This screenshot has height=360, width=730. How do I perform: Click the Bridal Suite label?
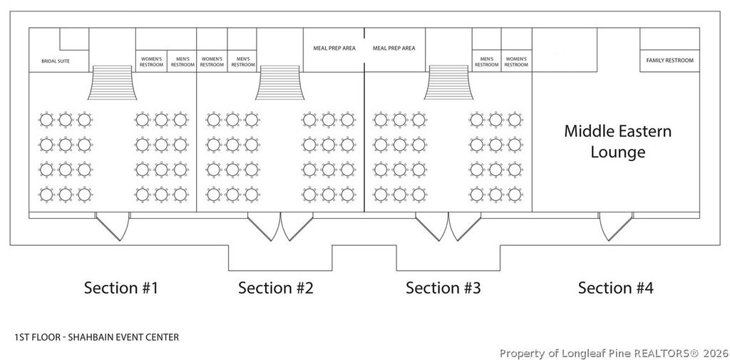pos(56,61)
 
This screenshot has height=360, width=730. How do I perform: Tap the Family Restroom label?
pos(669,61)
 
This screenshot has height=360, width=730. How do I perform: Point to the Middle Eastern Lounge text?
pos(618,141)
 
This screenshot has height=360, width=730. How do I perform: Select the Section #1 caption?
pos(121,288)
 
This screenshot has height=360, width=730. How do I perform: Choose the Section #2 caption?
pos(276,288)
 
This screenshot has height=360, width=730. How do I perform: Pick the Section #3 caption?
pos(443,288)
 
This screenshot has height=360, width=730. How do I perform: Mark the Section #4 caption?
pos(615,288)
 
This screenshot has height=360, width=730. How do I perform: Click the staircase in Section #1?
pos(112,83)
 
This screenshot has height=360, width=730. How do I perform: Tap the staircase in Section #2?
pos(279,83)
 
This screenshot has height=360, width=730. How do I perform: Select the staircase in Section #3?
pos(448,83)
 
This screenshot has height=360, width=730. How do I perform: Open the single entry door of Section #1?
pos(113,226)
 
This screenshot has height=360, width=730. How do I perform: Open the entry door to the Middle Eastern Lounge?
pos(615,226)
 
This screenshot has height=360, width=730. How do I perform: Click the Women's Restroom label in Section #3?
pos(516,62)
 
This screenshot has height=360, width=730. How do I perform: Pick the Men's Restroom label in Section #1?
pos(182,62)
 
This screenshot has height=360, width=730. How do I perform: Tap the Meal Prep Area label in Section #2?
pos(334,48)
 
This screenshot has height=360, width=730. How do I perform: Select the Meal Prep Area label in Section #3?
pos(394,48)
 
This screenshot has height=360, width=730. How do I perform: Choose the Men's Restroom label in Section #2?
pos(243,62)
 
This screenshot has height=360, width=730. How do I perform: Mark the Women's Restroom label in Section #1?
pos(151,62)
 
